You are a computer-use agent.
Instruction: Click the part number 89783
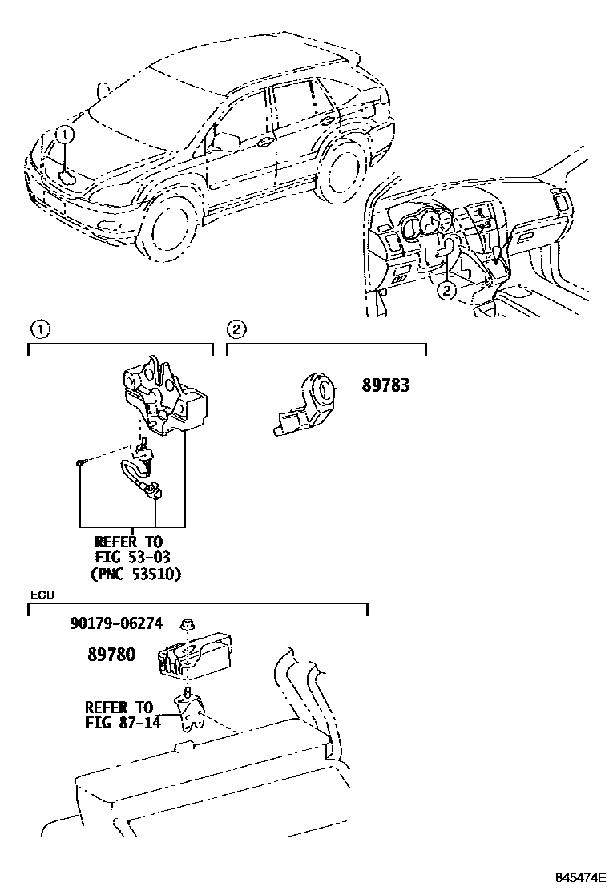click(385, 385)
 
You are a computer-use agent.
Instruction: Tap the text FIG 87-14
click(123, 722)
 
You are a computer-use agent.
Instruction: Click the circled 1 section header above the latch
click(39, 329)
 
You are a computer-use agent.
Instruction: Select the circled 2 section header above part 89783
click(236, 329)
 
